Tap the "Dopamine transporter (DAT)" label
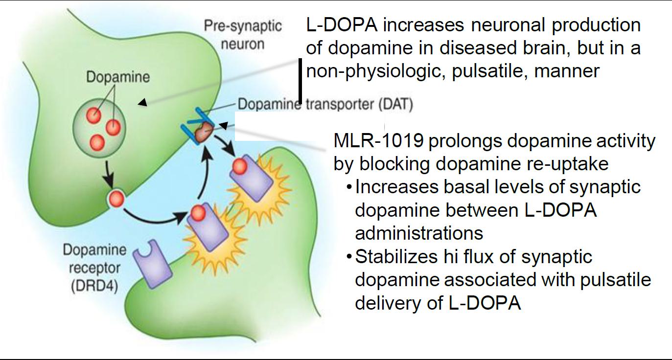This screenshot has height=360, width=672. (x=325, y=104)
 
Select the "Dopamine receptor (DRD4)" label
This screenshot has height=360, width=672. (x=94, y=268)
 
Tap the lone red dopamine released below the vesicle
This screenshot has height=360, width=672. (x=116, y=199)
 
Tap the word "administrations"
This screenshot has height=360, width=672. (x=419, y=233)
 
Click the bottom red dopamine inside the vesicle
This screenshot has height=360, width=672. (x=97, y=142)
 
